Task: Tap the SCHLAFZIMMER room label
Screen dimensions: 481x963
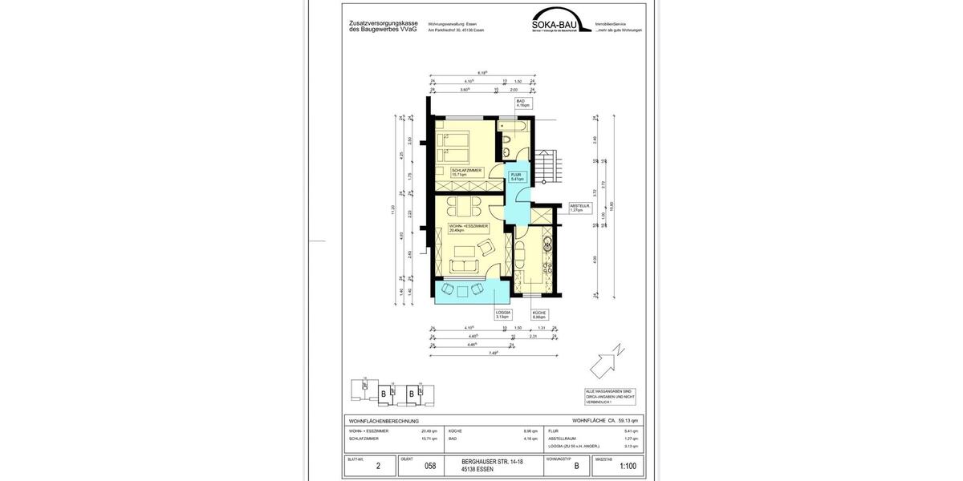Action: (467, 172)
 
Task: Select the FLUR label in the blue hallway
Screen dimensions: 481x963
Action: (517, 177)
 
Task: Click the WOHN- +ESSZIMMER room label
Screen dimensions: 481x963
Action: (469, 228)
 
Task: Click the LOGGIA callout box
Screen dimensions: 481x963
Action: (503, 315)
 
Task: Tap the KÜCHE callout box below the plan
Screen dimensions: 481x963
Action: (539, 315)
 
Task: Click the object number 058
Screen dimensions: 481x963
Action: (429, 465)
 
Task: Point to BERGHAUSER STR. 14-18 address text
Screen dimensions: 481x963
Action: (490, 461)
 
